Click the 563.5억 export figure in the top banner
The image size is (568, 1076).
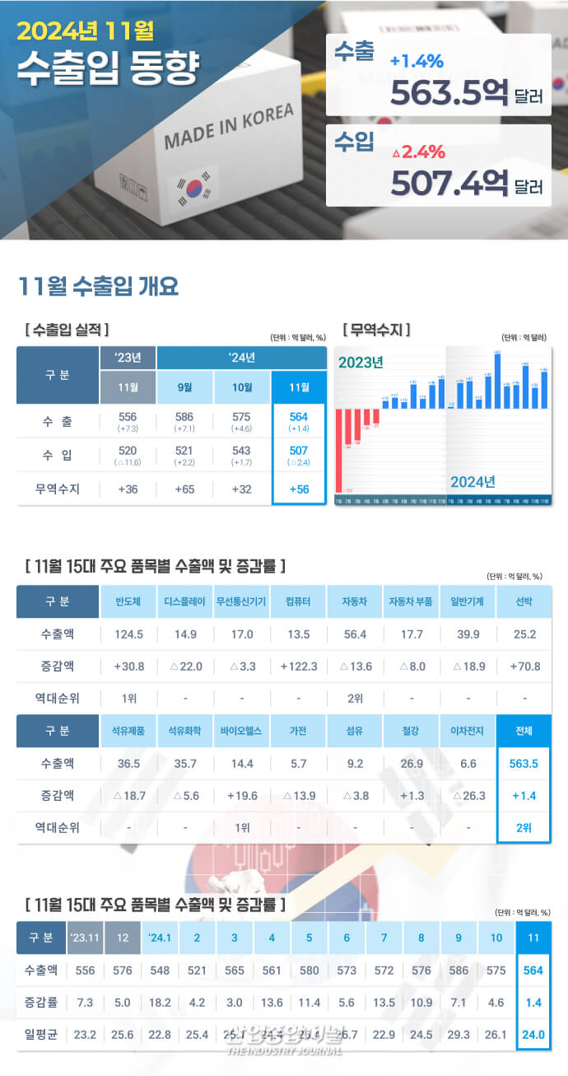point(448,93)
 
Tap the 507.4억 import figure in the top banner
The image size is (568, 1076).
point(448,182)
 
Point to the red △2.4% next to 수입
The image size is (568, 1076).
point(418,152)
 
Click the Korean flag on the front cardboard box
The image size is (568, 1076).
point(193,188)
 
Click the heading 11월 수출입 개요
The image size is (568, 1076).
point(98,287)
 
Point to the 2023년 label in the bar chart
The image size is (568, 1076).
point(361,363)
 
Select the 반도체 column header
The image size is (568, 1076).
point(128,601)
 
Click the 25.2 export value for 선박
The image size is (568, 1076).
point(524,634)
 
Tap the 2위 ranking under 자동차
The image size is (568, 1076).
point(355,698)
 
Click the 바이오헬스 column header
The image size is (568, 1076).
point(241,731)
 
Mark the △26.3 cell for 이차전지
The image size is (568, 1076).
point(468,795)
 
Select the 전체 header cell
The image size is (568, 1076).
point(524,731)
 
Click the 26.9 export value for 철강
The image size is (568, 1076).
point(411,763)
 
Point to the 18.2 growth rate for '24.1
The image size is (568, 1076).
point(160,1002)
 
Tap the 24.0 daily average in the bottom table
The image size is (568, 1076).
point(533,1033)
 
